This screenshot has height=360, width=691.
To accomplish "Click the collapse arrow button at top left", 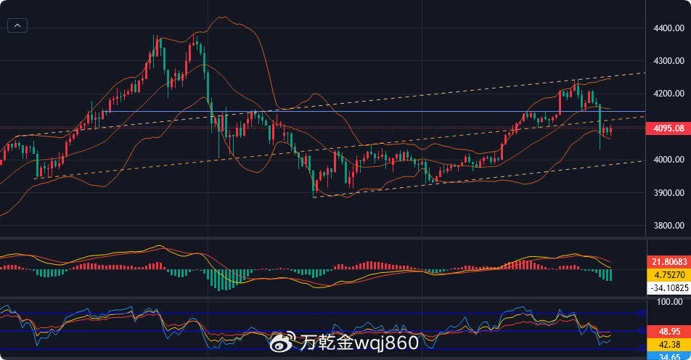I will (17, 25).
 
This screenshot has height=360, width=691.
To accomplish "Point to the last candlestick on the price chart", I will (610, 131).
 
